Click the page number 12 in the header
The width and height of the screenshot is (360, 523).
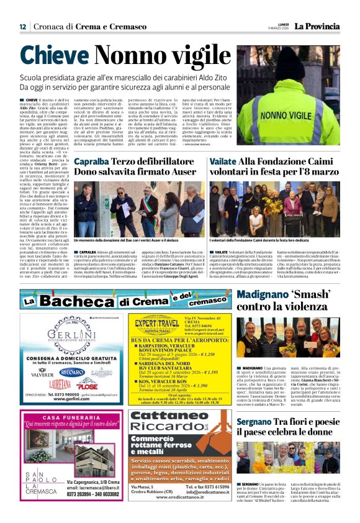click(x=22, y=26)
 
